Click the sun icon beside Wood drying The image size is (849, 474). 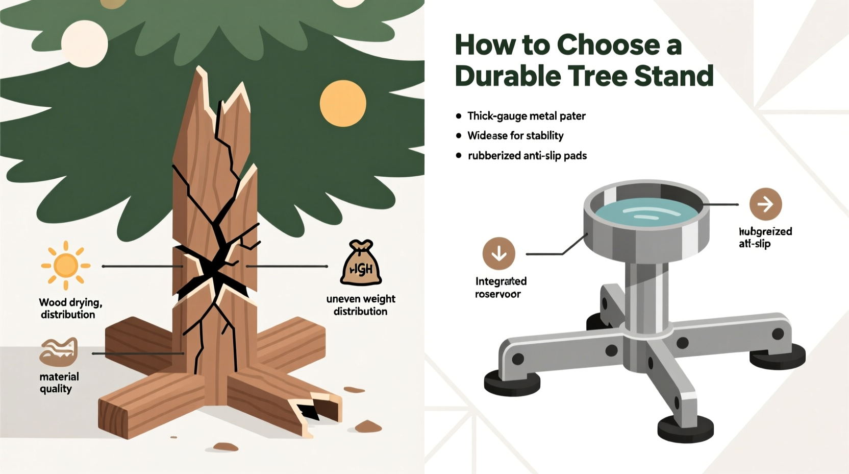[66, 266]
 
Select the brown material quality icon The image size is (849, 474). [59, 352]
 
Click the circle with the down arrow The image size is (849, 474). [498, 253]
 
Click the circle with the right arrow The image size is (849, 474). [765, 204]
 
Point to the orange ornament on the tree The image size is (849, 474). [343, 103]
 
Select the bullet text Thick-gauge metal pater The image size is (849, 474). [526, 116]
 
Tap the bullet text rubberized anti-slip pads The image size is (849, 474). [527, 156]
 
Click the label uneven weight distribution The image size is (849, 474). [361, 305]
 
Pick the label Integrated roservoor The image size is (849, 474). [500, 288]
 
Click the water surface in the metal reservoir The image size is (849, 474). [645, 215]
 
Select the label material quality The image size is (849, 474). [59, 383]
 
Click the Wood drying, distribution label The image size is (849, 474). [70, 309]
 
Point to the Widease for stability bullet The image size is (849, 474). [515, 136]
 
